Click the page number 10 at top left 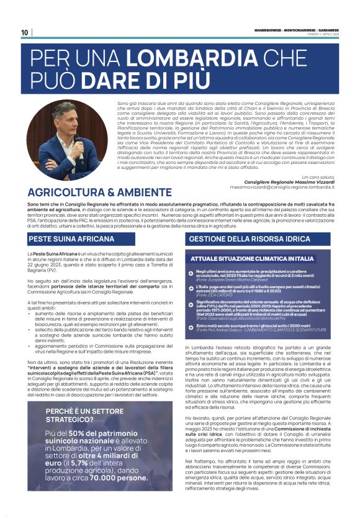(24, 33)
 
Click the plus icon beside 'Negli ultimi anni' (191, 273)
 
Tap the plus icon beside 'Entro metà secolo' (191, 325)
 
